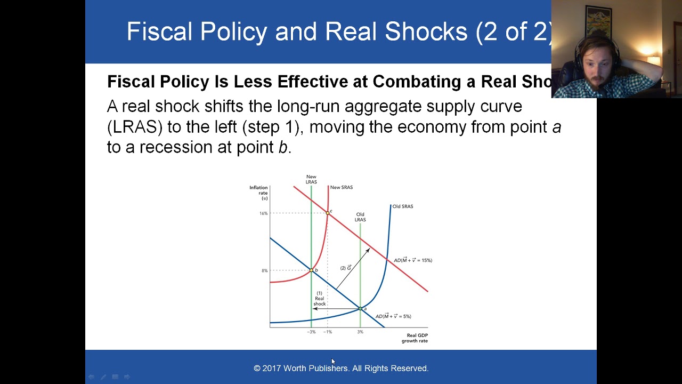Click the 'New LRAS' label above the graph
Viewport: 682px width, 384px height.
[311, 179]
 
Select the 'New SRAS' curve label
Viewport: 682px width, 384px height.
[342, 187]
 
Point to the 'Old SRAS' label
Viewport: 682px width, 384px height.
[402, 206]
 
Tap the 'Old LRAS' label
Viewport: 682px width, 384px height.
[360, 217]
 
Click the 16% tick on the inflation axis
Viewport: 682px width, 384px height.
[264, 213]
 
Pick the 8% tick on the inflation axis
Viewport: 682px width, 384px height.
[264, 270]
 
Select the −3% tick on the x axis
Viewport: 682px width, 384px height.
[311, 332]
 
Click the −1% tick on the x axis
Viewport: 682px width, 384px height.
[327, 332]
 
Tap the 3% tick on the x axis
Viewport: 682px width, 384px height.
[360, 332]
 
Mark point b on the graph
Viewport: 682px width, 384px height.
[311, 270]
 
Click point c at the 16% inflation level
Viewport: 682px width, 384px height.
[328, 213]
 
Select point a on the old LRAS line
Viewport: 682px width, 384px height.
[360, 308]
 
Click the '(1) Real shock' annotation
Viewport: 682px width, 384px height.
[320, 299]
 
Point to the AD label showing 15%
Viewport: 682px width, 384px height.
[413, 260]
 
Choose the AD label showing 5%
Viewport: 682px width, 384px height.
[393, 316]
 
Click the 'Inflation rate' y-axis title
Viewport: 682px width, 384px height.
[259, 193]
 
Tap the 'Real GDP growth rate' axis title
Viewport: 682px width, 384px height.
[415, 338]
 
